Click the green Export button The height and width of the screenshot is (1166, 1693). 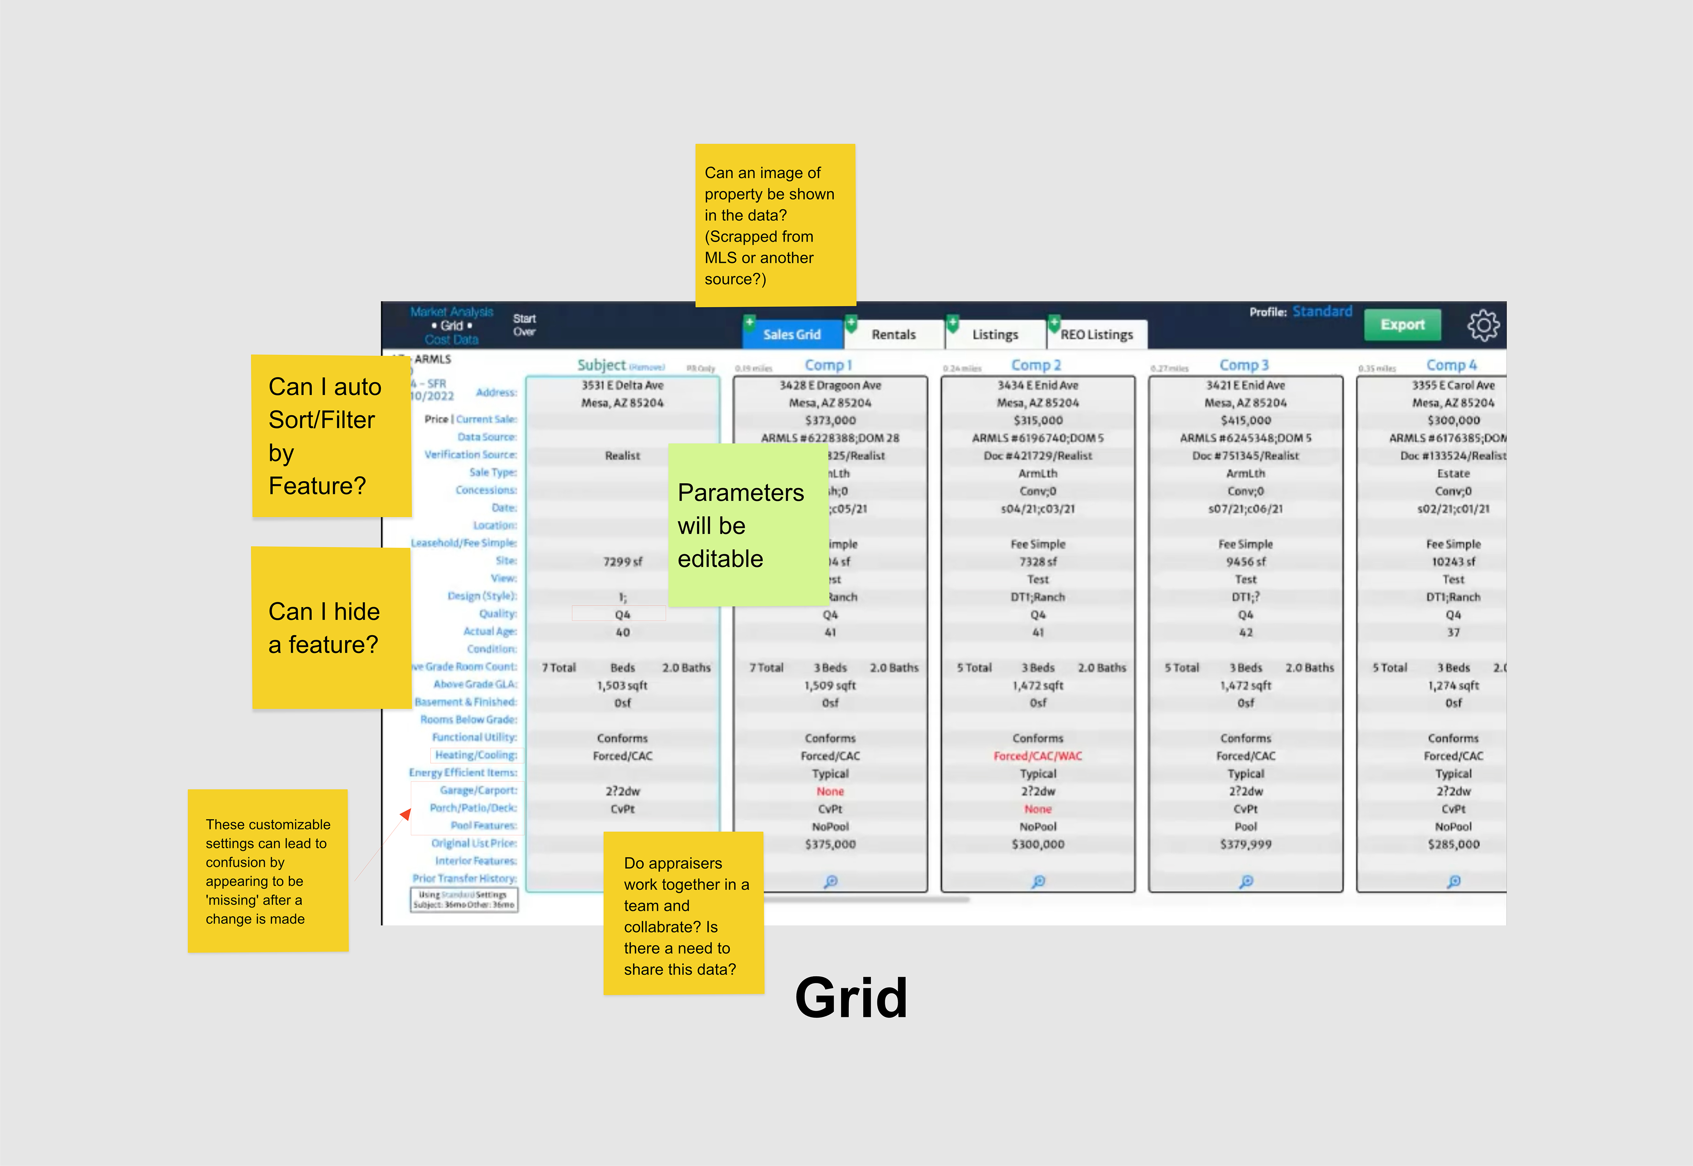(x=1402, y=325)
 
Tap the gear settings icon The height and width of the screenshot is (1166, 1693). (x=1483, y=325)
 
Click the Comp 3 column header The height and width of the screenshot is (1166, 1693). (x=1244, y=365)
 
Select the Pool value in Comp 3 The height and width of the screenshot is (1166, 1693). (x=1246, y=827)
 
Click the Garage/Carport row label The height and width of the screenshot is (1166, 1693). (x=478, y=790)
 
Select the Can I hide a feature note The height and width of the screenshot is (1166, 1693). (x=331, y=628)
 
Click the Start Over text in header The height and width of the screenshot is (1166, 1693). (x=524, y=325)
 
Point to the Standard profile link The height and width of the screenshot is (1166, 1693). (x=1322, y=312)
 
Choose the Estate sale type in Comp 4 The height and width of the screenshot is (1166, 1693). (x=1453, y=474)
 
